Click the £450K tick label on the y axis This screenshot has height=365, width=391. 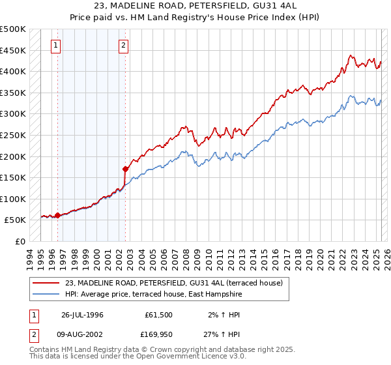[x=13, y=50]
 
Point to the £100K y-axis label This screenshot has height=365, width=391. [x=13, y=199]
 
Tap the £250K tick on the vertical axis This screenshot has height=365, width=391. [x=13, y=135]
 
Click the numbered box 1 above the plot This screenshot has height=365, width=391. [x=56, y=46]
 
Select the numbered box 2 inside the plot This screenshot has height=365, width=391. [x=123, y=46]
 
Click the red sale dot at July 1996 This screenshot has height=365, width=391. [x=57, y=215]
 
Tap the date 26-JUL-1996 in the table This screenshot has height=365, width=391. [x=82, y=315]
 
